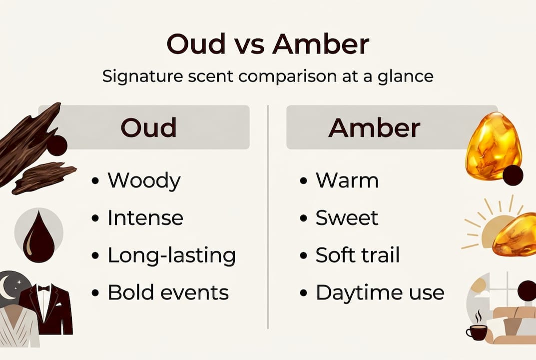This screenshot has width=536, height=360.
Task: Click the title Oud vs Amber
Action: pyautogui.click(x=268, y=45)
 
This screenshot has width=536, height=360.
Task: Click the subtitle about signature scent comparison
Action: pyautogui.click(x=268, y=76)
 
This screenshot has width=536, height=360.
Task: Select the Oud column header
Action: pyautogui.click(x=148, y=127)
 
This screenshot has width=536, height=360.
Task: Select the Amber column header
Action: pyautogui.click(x=374, y=127)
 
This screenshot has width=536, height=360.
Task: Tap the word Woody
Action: pyautogui.click(x=144, y=180)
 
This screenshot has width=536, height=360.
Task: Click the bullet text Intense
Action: pyautogui.click(x=145, y=218)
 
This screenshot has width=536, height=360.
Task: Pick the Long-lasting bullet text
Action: pyautogui.click(x=171, y=255)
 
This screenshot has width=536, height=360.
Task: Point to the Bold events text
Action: pyautogui.click(x=168, y=292)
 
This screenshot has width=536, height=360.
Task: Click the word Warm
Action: pyautogui.click(x=347, y=180)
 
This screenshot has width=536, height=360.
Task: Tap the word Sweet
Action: pyautogui.click(x=347, y=218)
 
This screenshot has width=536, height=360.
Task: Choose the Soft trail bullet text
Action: pyautogui.click(x=358, y=255)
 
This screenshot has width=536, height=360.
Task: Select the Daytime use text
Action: pyautogui.click(x=380, y=292)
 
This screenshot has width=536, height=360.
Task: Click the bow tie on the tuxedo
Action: pyautogui.click(x=44, y=289)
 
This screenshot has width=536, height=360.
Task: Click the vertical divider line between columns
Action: pyautogui.click(x=268, y=215)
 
